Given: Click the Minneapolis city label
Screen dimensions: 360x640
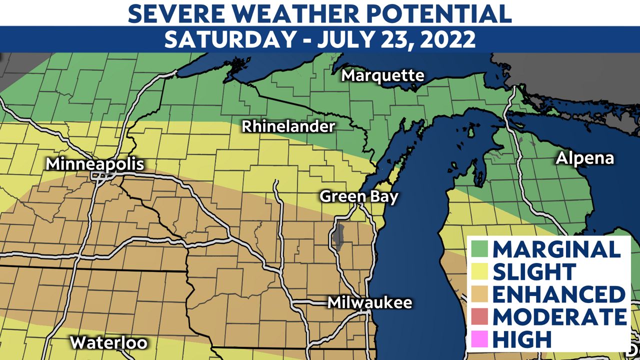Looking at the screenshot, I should click(x=95, y=164).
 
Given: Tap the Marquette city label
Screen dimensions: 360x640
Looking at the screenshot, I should click(x=383, y=76).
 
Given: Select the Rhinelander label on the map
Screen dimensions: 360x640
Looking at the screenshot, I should click(x=288, y=127).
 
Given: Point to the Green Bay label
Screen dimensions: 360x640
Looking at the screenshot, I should click(x=359, y=196).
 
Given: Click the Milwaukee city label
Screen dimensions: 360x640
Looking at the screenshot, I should click(x=369, y=302).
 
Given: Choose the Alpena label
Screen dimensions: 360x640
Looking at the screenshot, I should click(x=584, y=158).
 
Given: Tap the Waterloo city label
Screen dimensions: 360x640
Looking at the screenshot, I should click(x=108, y=342).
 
